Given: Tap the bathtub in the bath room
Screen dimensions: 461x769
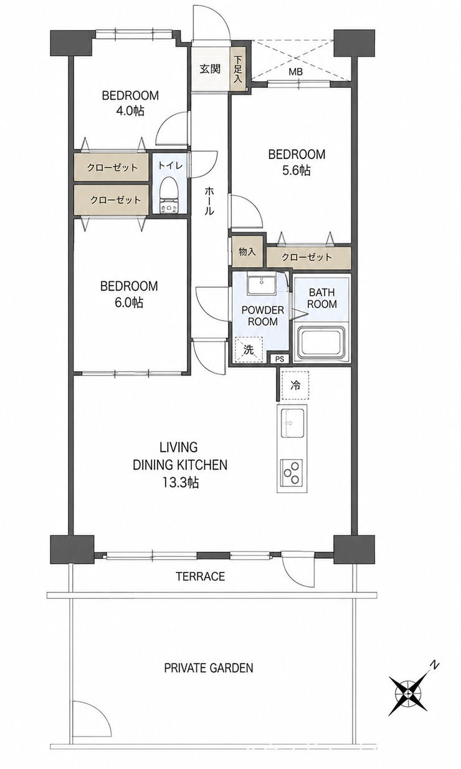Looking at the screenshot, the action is pyautogui.click(x=321, y=342).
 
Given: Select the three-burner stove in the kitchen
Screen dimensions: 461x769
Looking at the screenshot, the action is pyautogui.click(x=292, y=473).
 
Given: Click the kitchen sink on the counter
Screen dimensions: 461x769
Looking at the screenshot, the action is pyautogui.click(x=292, y=423).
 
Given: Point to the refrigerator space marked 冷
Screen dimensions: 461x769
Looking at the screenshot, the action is pyautogui.click(x=295, y=385).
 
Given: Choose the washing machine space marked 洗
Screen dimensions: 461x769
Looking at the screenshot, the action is pyautogui.click(x=249, y=349).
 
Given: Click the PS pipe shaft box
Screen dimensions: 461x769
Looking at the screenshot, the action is pyautogui.click(x=280, y=359).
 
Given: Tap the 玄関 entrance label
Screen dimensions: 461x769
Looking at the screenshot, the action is pyautogui.click(x=210, y=69).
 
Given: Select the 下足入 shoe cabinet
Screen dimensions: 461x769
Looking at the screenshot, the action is pyautogui.click(x=239, y=69).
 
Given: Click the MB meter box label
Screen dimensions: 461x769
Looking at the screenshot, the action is pyautogui.click(x=296, y=72).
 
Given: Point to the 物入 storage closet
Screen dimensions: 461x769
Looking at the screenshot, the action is pyautogui.click(x=247, y=251).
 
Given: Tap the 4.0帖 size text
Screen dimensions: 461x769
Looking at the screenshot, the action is pyautogui.click(x=130, y=111).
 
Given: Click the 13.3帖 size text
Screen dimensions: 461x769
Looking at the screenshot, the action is pyautogui.click(x=181, y=483).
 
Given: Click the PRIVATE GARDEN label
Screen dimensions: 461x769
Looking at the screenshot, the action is pyautogui.click(x=209, y=668).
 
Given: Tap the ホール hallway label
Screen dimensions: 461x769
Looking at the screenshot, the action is pyautogui.click(x=209, y=201).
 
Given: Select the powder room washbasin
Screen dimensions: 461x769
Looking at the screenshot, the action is pyautogui.click(x=262, y=285).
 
